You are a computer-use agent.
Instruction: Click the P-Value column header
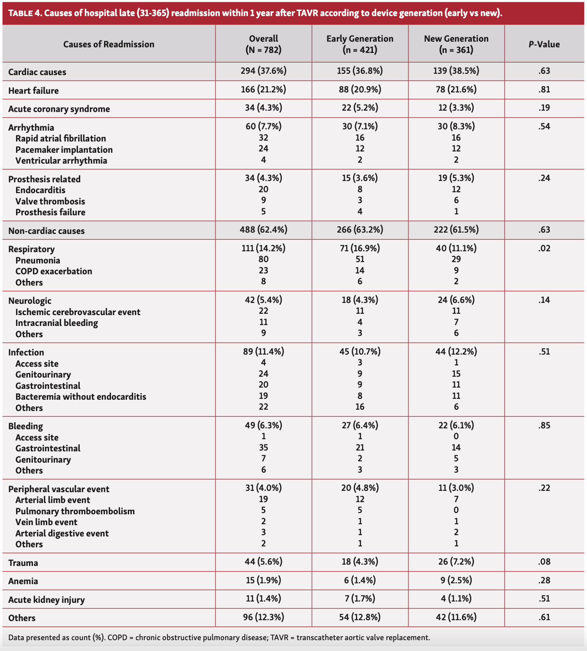(544, 44)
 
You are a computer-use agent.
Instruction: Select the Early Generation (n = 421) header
(360, 44)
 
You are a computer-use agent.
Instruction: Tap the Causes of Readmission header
(109, 44)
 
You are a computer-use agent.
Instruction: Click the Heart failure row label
(33, 91)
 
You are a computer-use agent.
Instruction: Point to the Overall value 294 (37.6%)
(264, 71)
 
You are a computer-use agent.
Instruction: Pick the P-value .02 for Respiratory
(544, 249)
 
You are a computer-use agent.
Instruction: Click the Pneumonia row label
(38, 260)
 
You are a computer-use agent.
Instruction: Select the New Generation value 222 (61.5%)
(456, 230)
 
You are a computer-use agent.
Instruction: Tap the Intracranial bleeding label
(57, 323)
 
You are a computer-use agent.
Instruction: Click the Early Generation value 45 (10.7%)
(360, 352)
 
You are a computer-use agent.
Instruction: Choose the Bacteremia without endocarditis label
(81, 397)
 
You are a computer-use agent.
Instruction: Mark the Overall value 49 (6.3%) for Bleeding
(264, 425)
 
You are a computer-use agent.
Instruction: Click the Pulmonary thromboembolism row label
(75, 511)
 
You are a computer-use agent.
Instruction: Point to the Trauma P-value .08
(544, 562)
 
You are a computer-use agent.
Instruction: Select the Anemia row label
(23, 581)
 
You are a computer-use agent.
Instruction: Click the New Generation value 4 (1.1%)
(456, 599)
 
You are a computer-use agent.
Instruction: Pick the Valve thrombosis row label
(50, 201)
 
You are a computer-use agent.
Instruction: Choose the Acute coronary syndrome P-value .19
(544, 108)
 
